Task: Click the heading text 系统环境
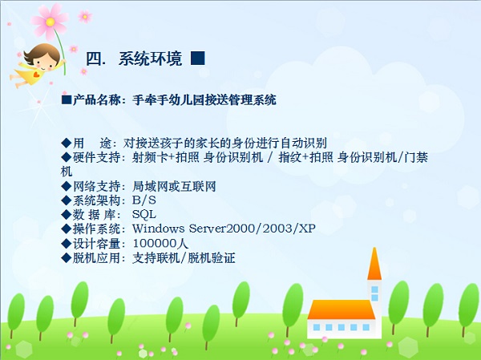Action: pyautogui.click(x=151, y=59)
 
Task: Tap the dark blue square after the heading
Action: pyautogui.click(x=197, y=58)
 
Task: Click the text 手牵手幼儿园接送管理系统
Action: pyautogui.click(x=204, y=99)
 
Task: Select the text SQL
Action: pyautogui.click(x=143, y=214)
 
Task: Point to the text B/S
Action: pyautogui.click(x=143, y=200)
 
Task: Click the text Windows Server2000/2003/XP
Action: pyautogui.click(x=224, y=229)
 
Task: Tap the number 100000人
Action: pyautogui.click(x=160, y=244)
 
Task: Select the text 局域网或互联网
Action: pyautogui.click(x=174, y=186)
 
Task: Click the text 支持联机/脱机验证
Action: pyautogui.click(x=184, y=258)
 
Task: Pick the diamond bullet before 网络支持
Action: pyautogui.click(x=66, y=186)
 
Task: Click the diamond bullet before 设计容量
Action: pyautogui.click(x=66, y=244)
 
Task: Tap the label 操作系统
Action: pyautogui.click(x=96, y=229)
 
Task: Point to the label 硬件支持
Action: pyautogui.click(x=96, y=157)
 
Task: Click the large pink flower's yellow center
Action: pyautogui.click(x=51, y=22)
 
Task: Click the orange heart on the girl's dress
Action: pyautogui.click(x=37, y=75)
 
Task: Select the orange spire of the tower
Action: pyautogui.click(x=374, y=265)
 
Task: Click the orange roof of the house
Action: pyautogui.click(x=341, y=309)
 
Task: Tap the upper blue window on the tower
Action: pyautogui.click(x=374, y=289)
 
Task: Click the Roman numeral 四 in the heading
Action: pyautogui.click(x=93, y=59)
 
